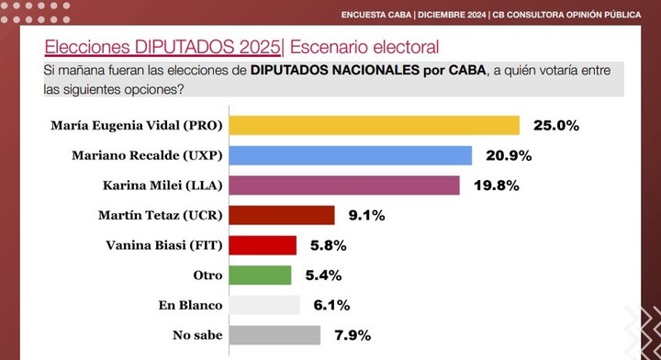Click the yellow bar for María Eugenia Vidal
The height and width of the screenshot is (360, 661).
[x=374, y=126]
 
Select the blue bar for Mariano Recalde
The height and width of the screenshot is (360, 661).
[x=350, y=155]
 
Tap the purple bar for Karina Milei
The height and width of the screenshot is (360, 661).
[x=343, y=186]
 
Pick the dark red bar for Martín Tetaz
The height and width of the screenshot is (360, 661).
[x=281, y=215]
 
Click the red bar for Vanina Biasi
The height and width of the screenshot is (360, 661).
[x=262, y=245]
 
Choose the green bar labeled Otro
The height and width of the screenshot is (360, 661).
[x=260, y=275]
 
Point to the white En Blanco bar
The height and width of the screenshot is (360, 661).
[x=263, y=305]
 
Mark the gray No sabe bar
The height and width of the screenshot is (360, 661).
[x=274, y=334]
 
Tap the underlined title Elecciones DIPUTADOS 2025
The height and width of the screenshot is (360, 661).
[x=162, y=46]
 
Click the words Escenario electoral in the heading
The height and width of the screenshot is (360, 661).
[x=364, y=46]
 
